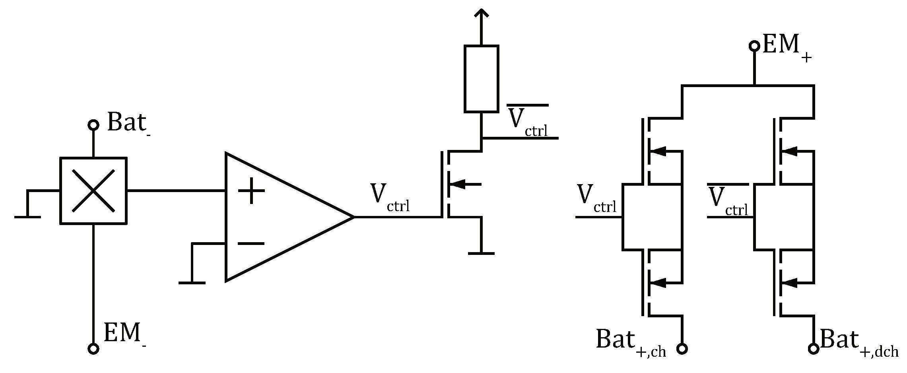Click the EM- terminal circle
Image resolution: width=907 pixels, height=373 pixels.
coord(93,349)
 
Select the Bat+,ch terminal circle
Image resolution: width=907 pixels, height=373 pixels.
coord(682,349)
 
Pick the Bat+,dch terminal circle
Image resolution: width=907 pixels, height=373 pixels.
coord(814,349)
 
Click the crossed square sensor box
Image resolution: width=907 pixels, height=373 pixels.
coord(93,191)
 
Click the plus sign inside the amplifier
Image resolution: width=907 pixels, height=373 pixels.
coord(251,191)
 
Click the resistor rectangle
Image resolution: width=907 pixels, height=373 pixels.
coord(481,78)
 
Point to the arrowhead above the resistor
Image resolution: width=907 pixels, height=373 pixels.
coord(481,14)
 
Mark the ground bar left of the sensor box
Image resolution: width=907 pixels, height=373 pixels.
coord(27,217)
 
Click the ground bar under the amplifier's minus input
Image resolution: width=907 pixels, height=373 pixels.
coord(192,283)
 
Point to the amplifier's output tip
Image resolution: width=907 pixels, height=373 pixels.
coord(353,217)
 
